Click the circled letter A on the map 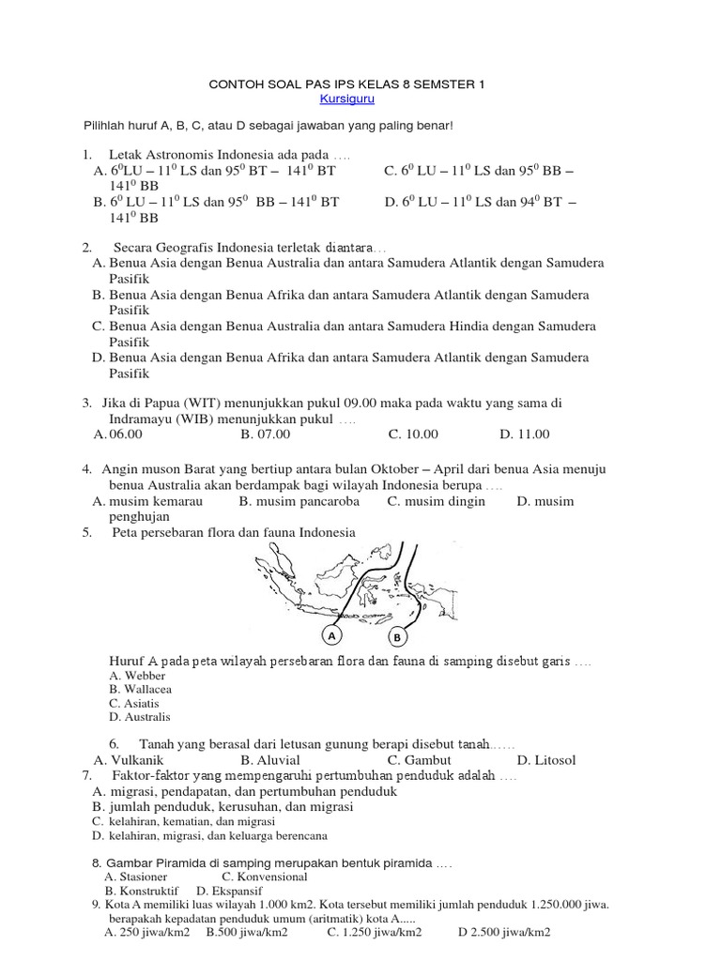click(331, 635)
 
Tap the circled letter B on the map click(397, 637)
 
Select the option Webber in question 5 click(136, 675)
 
